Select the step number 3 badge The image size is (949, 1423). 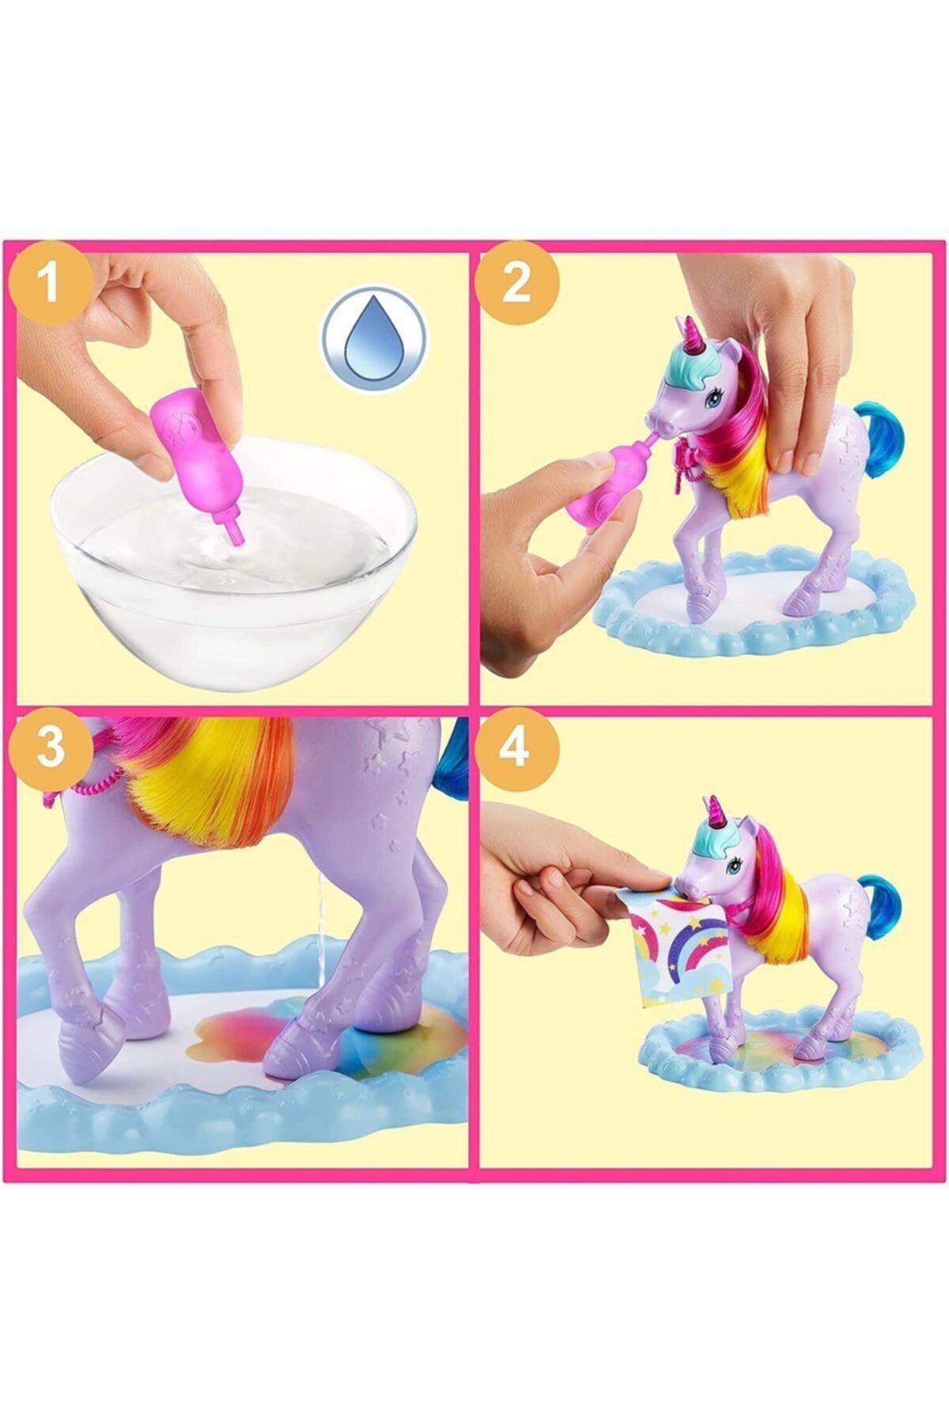pyautogui.click(x=50, y=747)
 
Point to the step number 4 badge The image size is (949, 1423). pyautogui.click(x=516, y=747)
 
